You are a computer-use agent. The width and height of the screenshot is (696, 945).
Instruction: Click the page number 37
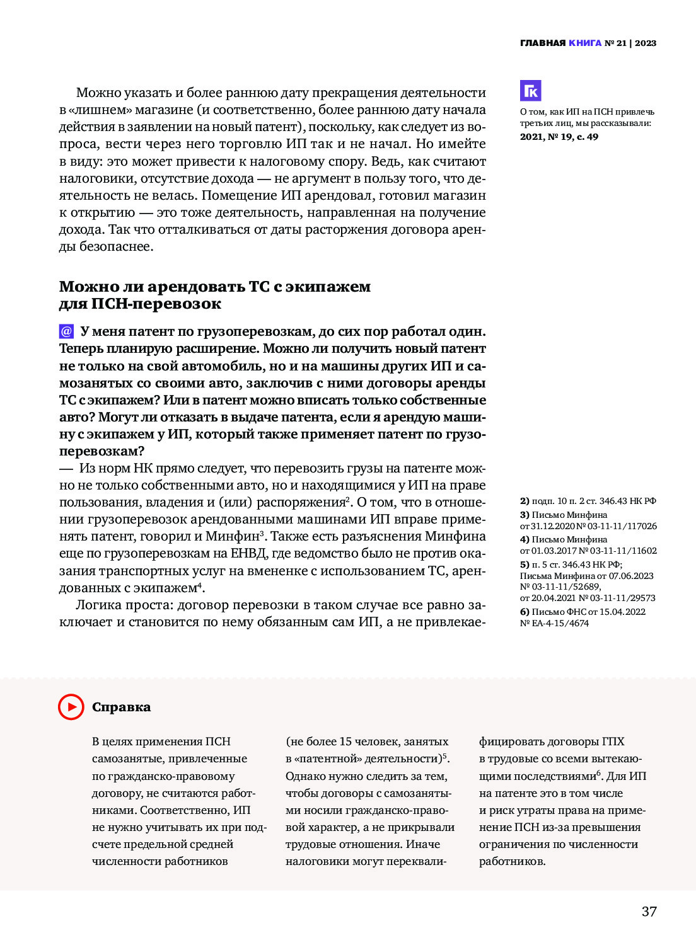coord(649,912)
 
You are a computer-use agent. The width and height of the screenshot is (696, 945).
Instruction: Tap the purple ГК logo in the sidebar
coord(530,91)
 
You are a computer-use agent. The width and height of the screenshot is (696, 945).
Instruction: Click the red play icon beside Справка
coord(71,707)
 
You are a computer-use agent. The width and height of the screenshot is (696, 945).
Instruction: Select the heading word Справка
coord(122,707)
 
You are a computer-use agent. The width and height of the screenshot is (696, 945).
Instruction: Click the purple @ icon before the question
coord(66,331)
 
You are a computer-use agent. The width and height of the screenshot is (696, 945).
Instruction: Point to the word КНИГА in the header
coord(585,43)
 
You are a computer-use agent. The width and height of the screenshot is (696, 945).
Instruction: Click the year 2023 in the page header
coord(646,43)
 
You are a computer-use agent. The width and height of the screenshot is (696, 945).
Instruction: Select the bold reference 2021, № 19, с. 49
coord(559,137)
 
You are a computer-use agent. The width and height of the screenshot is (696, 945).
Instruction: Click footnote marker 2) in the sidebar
coord(525,501)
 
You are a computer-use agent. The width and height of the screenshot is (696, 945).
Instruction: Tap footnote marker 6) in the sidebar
coord(525,612)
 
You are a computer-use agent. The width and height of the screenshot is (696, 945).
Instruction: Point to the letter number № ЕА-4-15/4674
coord(554,623)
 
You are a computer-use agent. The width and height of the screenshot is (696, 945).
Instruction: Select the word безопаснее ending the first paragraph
coord(116,246)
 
